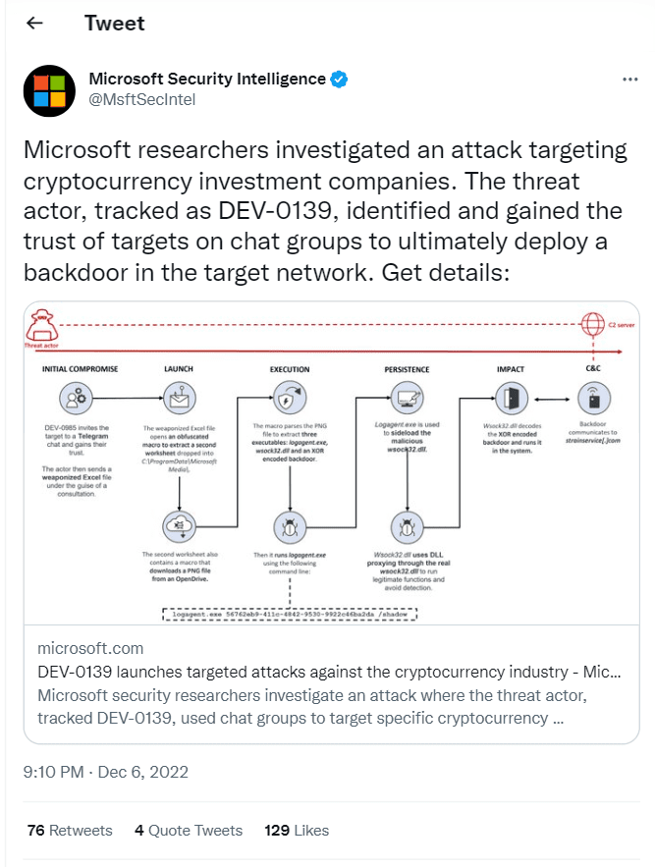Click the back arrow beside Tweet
point(34,23)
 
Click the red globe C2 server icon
point(591,325)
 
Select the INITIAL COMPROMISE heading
point(80,369)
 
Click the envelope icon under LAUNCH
point(180,398)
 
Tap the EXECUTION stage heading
point(290,369)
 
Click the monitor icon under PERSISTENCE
point(406,398)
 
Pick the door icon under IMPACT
point(511,398)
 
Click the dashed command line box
point(290,614)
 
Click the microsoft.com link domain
point(90,648)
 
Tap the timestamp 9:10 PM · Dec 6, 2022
point(106,772)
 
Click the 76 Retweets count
point(70,830)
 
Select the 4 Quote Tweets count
point(189,830)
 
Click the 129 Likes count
point(297,830)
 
